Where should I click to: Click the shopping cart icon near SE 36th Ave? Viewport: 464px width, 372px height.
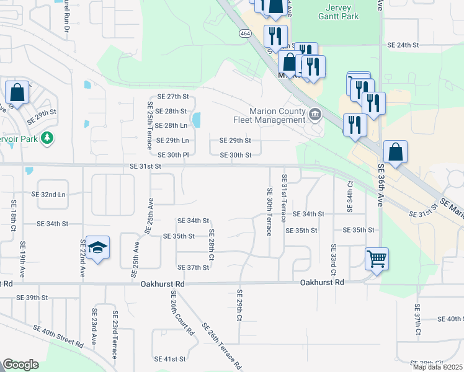point(377,259)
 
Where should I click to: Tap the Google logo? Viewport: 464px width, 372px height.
point(20,365)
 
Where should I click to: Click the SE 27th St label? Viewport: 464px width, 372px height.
point(172,97)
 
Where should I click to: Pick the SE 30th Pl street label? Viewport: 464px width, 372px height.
point(173,155)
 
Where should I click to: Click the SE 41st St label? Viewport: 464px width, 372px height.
point(170,359)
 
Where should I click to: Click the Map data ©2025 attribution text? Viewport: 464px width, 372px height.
point(438,367)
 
